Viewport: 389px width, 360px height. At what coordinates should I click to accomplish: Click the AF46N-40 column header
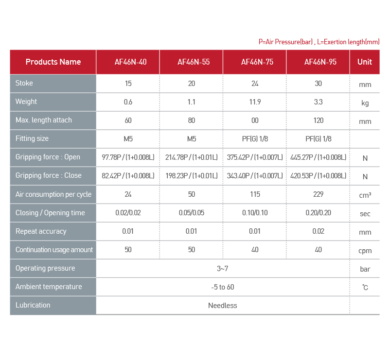pyautogui.click(x=128, y=62)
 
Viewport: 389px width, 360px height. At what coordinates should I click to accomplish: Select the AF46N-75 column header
pyautogui.click(x=255, y=62)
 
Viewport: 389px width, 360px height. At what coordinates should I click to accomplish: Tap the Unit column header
pyautogui.click(x=365, y=62)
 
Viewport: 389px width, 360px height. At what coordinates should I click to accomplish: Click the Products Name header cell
pyautogui.click(x=53, y=62)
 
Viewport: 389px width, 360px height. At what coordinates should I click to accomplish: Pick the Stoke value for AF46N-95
pyautogui.click(x=318, y=84)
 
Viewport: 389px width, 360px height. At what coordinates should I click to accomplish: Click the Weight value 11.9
pyautogui.click(x=255, y=102)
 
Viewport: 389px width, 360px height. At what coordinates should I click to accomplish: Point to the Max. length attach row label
pyautogui.click(x=44, y=120)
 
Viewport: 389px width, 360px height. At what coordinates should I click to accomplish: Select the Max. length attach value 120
pyautogui.click(x=318, y=120)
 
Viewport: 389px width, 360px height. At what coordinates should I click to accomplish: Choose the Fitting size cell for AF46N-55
pyautogui.click(x=192, y=139)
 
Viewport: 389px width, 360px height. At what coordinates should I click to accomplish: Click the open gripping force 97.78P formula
pyautogui.click(x=128, y=157)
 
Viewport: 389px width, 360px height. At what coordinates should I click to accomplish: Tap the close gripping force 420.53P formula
pyautogui.click(x=318, y=176)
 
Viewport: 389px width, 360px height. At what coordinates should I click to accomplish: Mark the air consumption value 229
pyautogui.click(x=318, y=194)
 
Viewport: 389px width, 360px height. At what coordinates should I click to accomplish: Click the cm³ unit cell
pyautogui.click(x=365, y=195)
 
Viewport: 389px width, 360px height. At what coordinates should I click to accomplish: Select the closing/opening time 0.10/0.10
pyautogui.click(x=255, y=213)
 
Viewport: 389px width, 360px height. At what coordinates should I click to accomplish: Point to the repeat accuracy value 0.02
pyautogui.click(x=318, y=231)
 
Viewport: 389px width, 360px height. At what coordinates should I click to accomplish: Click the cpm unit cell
pyautogui.click(x=365, y=251)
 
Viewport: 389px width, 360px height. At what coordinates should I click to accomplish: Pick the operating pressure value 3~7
pyautogui.click(x=223, y=268)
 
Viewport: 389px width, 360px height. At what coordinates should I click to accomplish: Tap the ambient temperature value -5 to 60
pyautogui.click(x=223, y=287)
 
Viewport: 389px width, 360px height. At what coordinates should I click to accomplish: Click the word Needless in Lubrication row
pyautogui.click(x=223, y=306)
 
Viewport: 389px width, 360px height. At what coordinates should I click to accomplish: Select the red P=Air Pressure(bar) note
pyautogui.click(x=286, y=42)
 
